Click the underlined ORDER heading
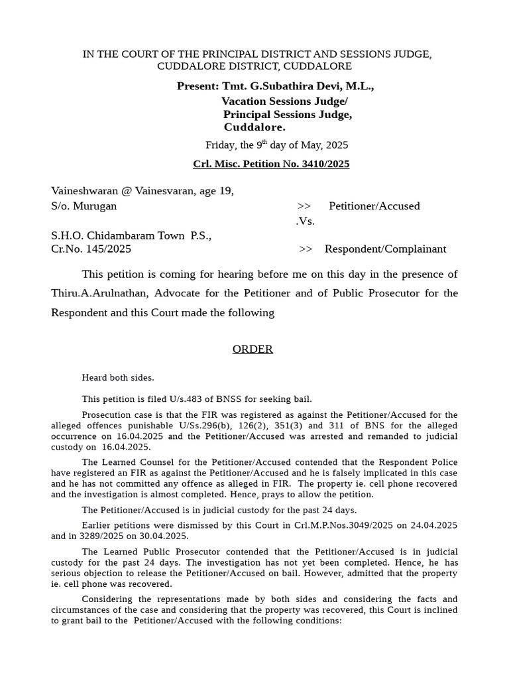coord(253,349)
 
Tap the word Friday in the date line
coord(219,145)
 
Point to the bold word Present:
coord(198,86)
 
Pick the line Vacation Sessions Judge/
coord(284,101)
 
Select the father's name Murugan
coord(95,206)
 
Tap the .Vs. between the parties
coord(305,221)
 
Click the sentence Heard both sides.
coord(118,377)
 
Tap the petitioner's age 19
coord(227,191)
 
